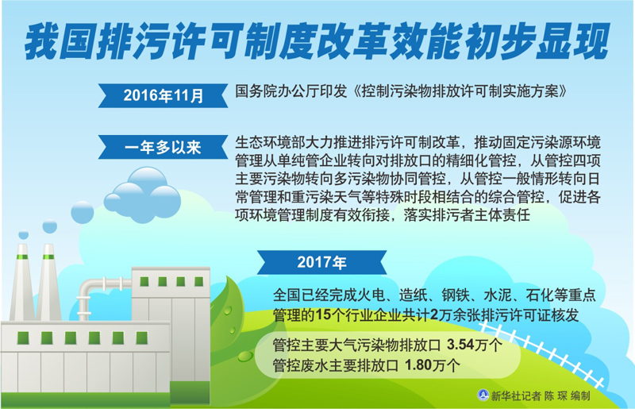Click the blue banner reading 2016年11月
click(x=163, y=95)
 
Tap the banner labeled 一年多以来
click(x=163, y=147)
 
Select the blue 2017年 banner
click(x=322, y=263)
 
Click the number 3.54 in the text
click(x=460, y=345)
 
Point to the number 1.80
click(x=418, y=365)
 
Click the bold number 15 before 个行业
click(x=323, y=314)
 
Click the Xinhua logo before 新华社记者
click(x=483, y=395)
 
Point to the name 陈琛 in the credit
click(x=556, y=395)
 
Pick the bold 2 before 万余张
click(x=433, y=314)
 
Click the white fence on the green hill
click(x=542, y=352)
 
